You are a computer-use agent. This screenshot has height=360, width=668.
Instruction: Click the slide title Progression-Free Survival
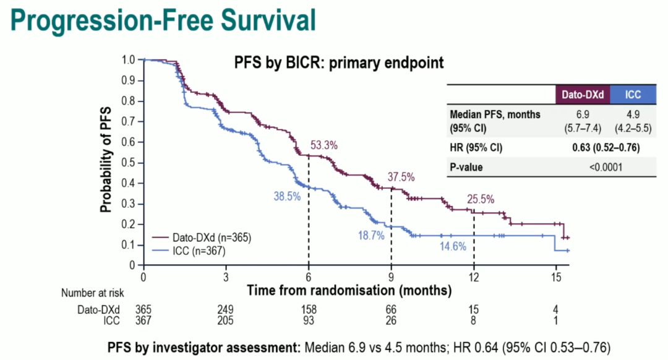coord(163,20)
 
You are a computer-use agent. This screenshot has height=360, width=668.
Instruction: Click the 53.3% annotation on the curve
coord(323,146)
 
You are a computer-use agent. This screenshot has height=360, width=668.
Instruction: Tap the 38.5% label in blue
coord(287,196)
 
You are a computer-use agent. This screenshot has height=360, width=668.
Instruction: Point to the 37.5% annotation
coord(401,176)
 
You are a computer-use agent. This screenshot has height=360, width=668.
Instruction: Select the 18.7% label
coord(371,236)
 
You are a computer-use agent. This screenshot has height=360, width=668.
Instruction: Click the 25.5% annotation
coord(481,199)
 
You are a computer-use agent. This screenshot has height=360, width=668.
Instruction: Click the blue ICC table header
coord(632,95)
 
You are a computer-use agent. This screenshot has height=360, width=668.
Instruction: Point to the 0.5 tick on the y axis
coord(128,163)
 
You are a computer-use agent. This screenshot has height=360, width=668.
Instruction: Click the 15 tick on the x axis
coord(556,277)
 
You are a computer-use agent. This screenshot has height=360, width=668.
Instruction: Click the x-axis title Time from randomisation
coord(349,289)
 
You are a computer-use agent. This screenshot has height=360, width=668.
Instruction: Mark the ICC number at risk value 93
coord(309,320)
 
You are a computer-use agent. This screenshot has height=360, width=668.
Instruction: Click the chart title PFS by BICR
coord(339,63)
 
